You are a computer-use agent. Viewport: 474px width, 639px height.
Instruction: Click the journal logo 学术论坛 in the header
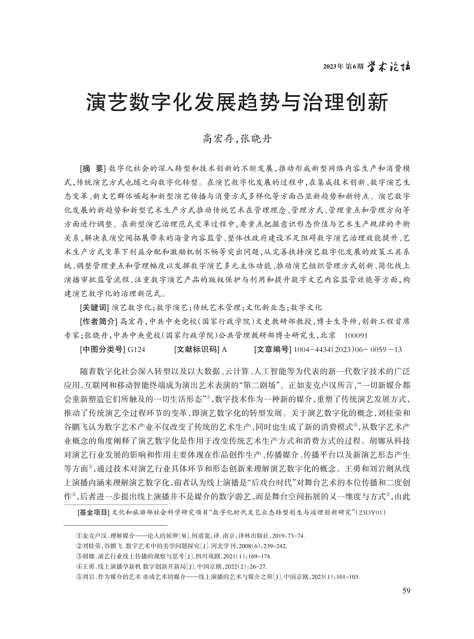(x=390, y=66)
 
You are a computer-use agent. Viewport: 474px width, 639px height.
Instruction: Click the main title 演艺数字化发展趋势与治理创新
(x=237, y=102)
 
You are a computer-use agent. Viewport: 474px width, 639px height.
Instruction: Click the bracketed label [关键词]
(x=95, y=307)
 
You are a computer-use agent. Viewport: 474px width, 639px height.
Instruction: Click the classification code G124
(x=137, y=350)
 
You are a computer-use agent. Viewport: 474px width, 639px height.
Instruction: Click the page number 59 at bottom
(x=406, y=591)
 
